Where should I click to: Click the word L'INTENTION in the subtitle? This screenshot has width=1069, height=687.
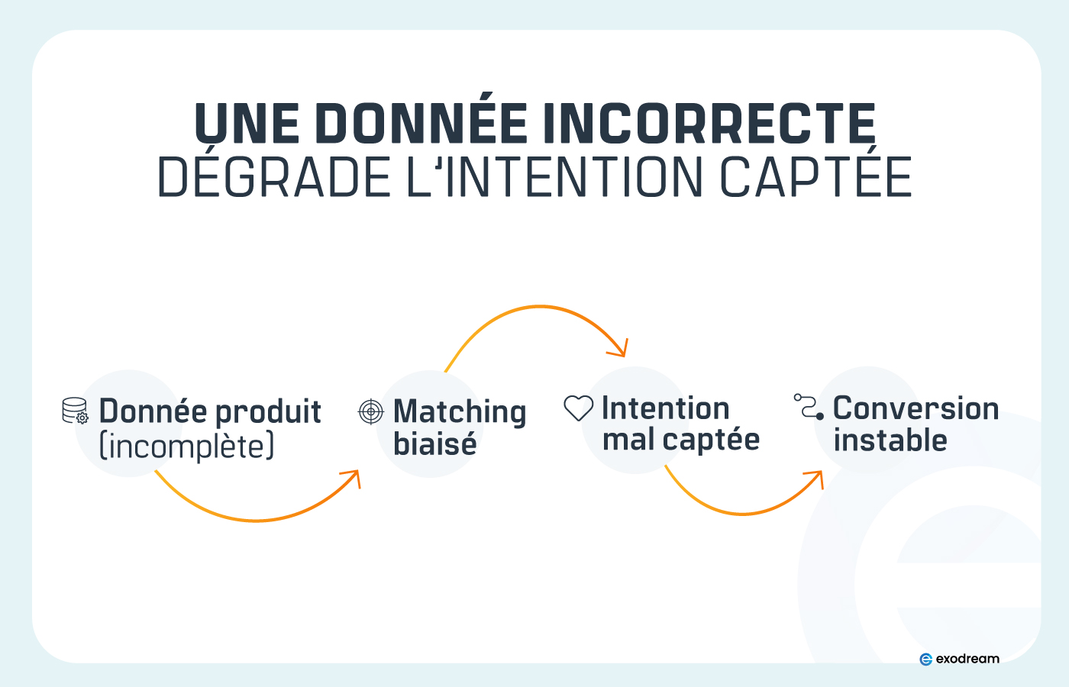pyautogui.click(x=554, y=178)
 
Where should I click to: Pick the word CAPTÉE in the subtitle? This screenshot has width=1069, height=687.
pyautogui.click(x=815, y=178)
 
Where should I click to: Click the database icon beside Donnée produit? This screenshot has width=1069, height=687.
pyautogui.click(x=75, y=411)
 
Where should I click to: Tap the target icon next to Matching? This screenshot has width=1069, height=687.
pyautogui.click(x=371, y=411)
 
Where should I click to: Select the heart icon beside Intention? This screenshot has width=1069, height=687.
pyautogui.click(x=578, y=408)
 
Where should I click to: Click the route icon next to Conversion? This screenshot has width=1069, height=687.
pyautogui.click(x=809, y=407)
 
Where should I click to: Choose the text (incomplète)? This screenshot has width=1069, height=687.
pyautogui.click(x=187, y=447)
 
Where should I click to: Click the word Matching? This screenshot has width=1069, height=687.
pyautogui.click(x=460, y=412)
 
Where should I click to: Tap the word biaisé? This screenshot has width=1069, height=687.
pyautogui.click(x=434, y=443)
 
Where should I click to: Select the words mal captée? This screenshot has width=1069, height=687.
pyautogui.click(x=680, y=440)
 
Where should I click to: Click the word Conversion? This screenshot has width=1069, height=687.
pyautogui.click(x=916, y=408)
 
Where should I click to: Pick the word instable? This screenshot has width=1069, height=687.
pyautogui.click(x=890, y=440)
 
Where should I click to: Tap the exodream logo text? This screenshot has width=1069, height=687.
pyautogui.click(x=967, y=659)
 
